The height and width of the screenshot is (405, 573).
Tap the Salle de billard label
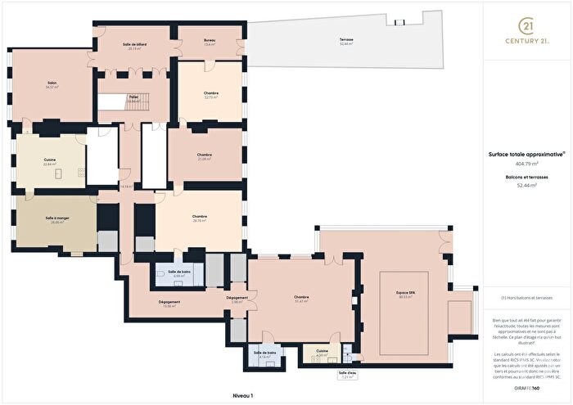pyautogui.click(x=133, y=46)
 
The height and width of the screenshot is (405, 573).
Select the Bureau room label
pyautogui.click(x=210, y=42)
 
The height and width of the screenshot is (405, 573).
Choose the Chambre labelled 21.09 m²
pyautogui.click(x=205, y=156)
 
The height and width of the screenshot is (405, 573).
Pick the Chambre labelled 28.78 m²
pyautogui.click(x=200, y=218)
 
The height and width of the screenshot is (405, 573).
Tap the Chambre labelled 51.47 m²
pyautogui.click(x=301, y=299)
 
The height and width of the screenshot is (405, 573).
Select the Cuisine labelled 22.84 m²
pyautogui.click(x=51, y=161)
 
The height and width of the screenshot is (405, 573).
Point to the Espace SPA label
pyautogui.click(x=404, y=295)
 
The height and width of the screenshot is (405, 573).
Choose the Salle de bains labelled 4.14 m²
pyautogui.click(x=266, y=354)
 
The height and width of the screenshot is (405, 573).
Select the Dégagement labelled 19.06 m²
pyautogui.click(x=169, y=303)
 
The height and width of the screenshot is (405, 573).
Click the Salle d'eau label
pyautogui.click(x=347, y=375)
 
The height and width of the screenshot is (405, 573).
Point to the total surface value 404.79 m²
pyautogui.click(x=527, y=164)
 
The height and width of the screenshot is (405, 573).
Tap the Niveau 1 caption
pyautogui.click(x=244, y=395)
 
